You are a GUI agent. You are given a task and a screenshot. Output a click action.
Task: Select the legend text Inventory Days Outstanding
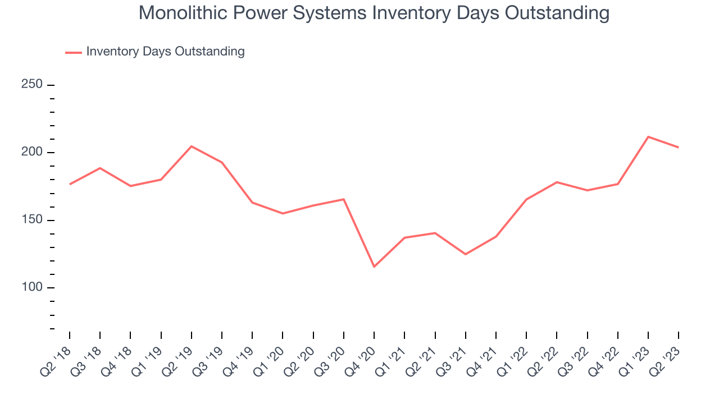click(x=165, y=52)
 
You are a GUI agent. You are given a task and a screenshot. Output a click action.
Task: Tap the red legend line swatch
click(x=74, y=52)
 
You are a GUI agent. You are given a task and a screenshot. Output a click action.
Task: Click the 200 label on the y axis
click(x=33, y=153)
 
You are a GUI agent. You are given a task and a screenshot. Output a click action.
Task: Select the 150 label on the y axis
click(x=33, y=220)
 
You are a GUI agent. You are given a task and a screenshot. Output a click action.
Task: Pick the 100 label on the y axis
click(x=33, y=288)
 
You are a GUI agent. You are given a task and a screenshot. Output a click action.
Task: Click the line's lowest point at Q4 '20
click(x=374, y=267)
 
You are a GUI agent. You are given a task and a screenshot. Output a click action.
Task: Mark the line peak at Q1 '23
click(x=648, y=137)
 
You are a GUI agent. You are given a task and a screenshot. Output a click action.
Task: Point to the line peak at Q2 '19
click(x=192, y=146)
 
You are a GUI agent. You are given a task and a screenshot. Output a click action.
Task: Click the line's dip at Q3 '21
click(x=466, y=254)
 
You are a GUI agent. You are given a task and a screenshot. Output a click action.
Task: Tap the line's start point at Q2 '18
click(x=70, y=184)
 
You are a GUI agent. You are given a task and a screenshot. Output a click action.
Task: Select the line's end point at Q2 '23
click(x=679, y=148)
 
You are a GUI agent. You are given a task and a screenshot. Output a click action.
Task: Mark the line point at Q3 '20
click(x=344, y=199)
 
